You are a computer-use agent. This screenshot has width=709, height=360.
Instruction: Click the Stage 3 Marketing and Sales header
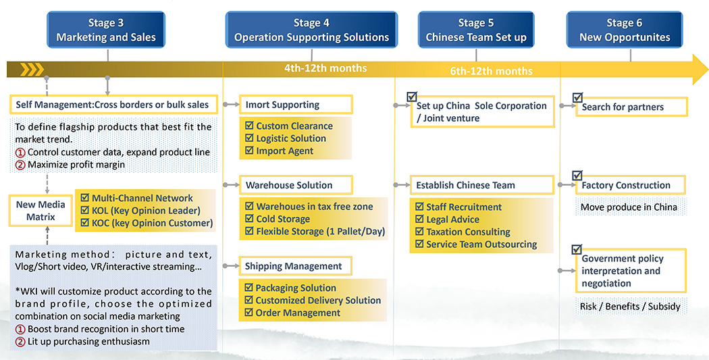pyautogui.click(x=106, y=30)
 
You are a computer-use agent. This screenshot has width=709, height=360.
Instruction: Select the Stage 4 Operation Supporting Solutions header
pyautogui.click(x=311, y=30)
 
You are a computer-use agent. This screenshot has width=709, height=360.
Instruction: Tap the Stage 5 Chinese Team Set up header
pyautogui.click(x=476, y=30)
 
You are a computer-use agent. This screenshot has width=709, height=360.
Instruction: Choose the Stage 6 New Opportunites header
pyautogui.click(x=625, y=30)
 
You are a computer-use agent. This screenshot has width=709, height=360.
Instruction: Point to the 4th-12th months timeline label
pyautogui.click(x=325, y=68)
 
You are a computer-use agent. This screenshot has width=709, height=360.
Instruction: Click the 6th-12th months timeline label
pyautogui.click(x=491, y=71)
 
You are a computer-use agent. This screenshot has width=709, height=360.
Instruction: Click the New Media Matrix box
pyautogui.click(x=41, y=211)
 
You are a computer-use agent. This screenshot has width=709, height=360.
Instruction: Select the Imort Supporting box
pyautogui.click(x=296, y=105)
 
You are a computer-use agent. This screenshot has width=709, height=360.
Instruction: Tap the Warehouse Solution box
pyautogui.click(x=296, y=185)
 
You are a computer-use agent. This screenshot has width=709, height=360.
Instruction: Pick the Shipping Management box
pyautogui.click(x=295, y=266)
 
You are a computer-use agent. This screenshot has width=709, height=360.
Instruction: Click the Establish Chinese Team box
pyautogui.click(x=482, y=185)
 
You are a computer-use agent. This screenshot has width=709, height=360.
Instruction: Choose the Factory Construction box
pyautogui.click(x=630, y=185)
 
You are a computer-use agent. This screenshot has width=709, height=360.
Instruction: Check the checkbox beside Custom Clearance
pyautogui.click(x=249, y=125)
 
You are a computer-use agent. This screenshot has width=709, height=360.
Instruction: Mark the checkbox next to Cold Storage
pyautogui.click(x=249, y=218)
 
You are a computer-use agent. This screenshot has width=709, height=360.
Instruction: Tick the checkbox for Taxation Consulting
pyautogui.click(x=419, y=232)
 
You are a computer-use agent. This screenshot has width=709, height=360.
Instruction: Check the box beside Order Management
pyautogui.click(x=248, y=312)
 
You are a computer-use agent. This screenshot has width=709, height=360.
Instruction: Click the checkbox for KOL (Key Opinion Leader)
pyautogui.click(x=84, y=210)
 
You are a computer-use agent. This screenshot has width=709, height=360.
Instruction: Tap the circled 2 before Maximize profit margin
pyautogui.click(x=20, y=165)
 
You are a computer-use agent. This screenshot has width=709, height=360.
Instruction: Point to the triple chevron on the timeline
pyautogui.click(x=32, y=69)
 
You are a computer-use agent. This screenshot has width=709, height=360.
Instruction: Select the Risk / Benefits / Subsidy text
pyautogui.click(x=630, y=306)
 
